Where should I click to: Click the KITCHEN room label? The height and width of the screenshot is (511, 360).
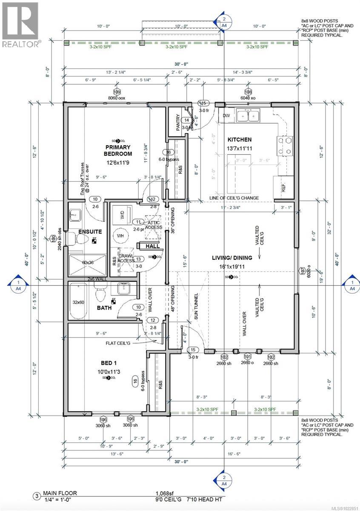point(239,140)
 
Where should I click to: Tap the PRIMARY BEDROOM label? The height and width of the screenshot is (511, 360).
point(119,150)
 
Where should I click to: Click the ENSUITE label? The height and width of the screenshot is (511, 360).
point(90,231)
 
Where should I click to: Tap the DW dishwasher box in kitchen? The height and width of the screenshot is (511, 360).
point(226,115)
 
